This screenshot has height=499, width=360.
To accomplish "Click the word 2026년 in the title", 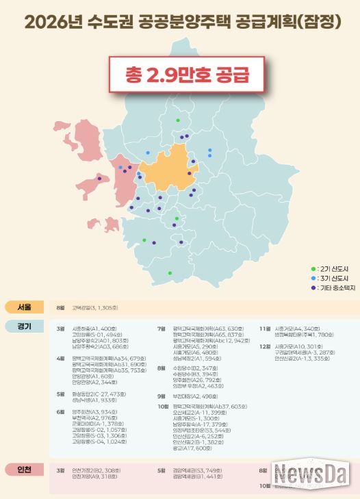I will [x=50, y=23].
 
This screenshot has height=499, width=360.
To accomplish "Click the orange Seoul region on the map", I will [x=168, y=168].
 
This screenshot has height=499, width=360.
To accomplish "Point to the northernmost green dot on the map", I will [x=178, y=120].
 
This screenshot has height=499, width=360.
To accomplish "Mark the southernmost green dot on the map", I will [x=170, y=273].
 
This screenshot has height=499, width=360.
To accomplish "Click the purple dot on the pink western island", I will [x=100, y=178].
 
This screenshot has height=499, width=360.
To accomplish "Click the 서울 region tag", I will [x=25, y=307].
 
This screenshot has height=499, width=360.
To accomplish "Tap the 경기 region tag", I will [x=25, y=326].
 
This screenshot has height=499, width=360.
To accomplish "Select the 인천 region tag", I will [x=25, y=470].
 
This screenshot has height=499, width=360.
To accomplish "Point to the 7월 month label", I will [x=162, y=329].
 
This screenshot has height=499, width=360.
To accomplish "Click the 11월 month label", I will [x=264, y=329].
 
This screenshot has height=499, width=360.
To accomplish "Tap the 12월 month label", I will [x=264, y=346].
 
